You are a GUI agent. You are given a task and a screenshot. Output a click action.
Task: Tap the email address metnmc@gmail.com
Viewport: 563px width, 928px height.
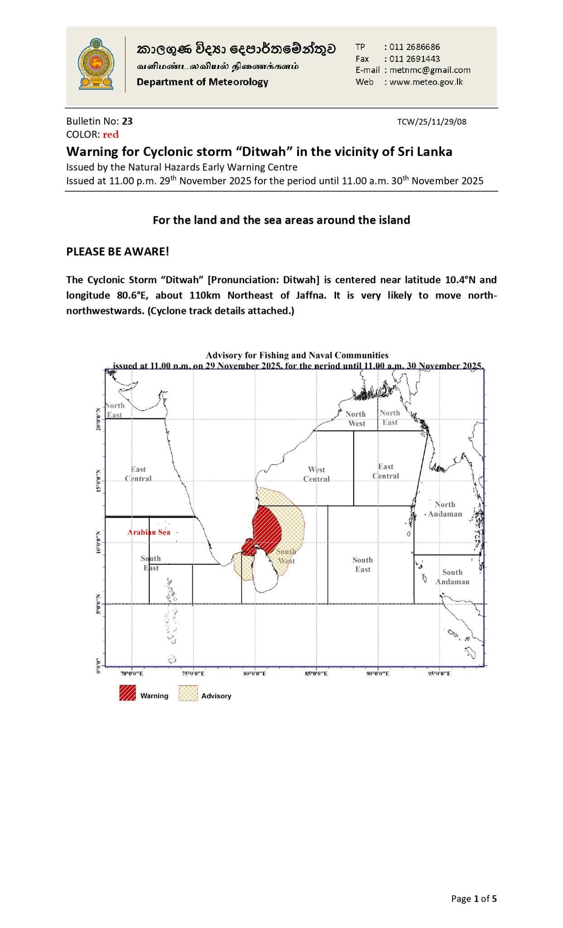coord(430,70)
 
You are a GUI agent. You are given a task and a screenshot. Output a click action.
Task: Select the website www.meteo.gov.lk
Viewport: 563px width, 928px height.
coord(426,82)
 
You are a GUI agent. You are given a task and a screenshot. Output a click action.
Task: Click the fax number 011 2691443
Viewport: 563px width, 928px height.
coord(414,58)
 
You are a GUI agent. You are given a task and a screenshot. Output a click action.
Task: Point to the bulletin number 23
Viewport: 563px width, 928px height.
coord(127,121)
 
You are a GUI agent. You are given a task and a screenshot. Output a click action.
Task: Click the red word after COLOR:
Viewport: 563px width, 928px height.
coord(111,134)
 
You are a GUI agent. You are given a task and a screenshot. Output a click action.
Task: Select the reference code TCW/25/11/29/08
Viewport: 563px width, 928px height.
coord(432,121)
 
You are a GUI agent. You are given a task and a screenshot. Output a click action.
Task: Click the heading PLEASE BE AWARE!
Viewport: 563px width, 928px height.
coord(118,251)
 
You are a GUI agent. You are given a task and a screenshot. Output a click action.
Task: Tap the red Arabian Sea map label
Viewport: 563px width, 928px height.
coord(149,532)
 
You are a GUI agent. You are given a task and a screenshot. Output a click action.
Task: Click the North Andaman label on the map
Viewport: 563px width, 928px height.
coord(445,509)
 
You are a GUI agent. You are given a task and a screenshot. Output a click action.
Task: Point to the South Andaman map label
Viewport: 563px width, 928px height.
coord(452,577)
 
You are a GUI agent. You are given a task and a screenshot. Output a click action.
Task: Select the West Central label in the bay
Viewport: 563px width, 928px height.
coord(316,474)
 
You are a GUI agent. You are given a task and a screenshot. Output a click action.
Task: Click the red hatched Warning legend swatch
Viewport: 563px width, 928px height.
coord(127,693)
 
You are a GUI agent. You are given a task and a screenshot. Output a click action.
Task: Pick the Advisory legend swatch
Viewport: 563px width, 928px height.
coord(188,693)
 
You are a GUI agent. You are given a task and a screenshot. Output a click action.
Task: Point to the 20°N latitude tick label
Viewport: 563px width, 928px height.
coord(98,420)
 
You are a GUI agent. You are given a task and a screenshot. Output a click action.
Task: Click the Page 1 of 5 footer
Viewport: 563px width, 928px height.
coord(474,899)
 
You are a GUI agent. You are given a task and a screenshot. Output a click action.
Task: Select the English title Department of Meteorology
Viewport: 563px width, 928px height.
coord(202,82)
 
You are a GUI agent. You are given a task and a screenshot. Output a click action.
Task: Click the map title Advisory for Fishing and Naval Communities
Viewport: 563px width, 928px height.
coord(297,355)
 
